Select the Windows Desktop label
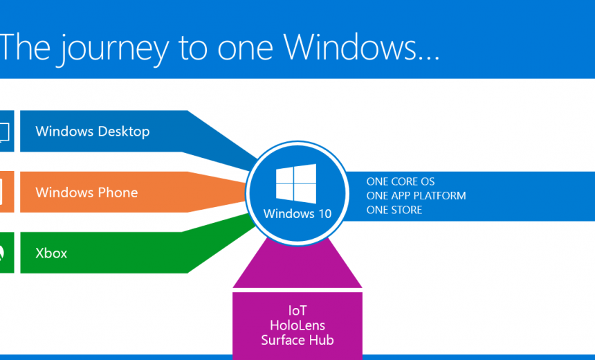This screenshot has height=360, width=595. point(92,131)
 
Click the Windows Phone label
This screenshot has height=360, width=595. point(86,192)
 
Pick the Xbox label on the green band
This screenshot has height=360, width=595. point(51,253)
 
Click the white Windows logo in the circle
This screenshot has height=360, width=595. point(296,183)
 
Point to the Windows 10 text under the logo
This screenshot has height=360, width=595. point(297,213)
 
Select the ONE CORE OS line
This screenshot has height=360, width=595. point(401,181)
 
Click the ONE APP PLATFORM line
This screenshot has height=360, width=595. point(416,196)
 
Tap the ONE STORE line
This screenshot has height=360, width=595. point(394,210)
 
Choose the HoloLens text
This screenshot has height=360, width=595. point(297,325)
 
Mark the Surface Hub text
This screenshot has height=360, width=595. point(297,339)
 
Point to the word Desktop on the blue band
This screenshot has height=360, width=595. point(124,131)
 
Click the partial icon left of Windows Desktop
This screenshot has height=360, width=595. point(5,131)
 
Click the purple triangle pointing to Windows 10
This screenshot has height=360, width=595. point(297,267)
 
